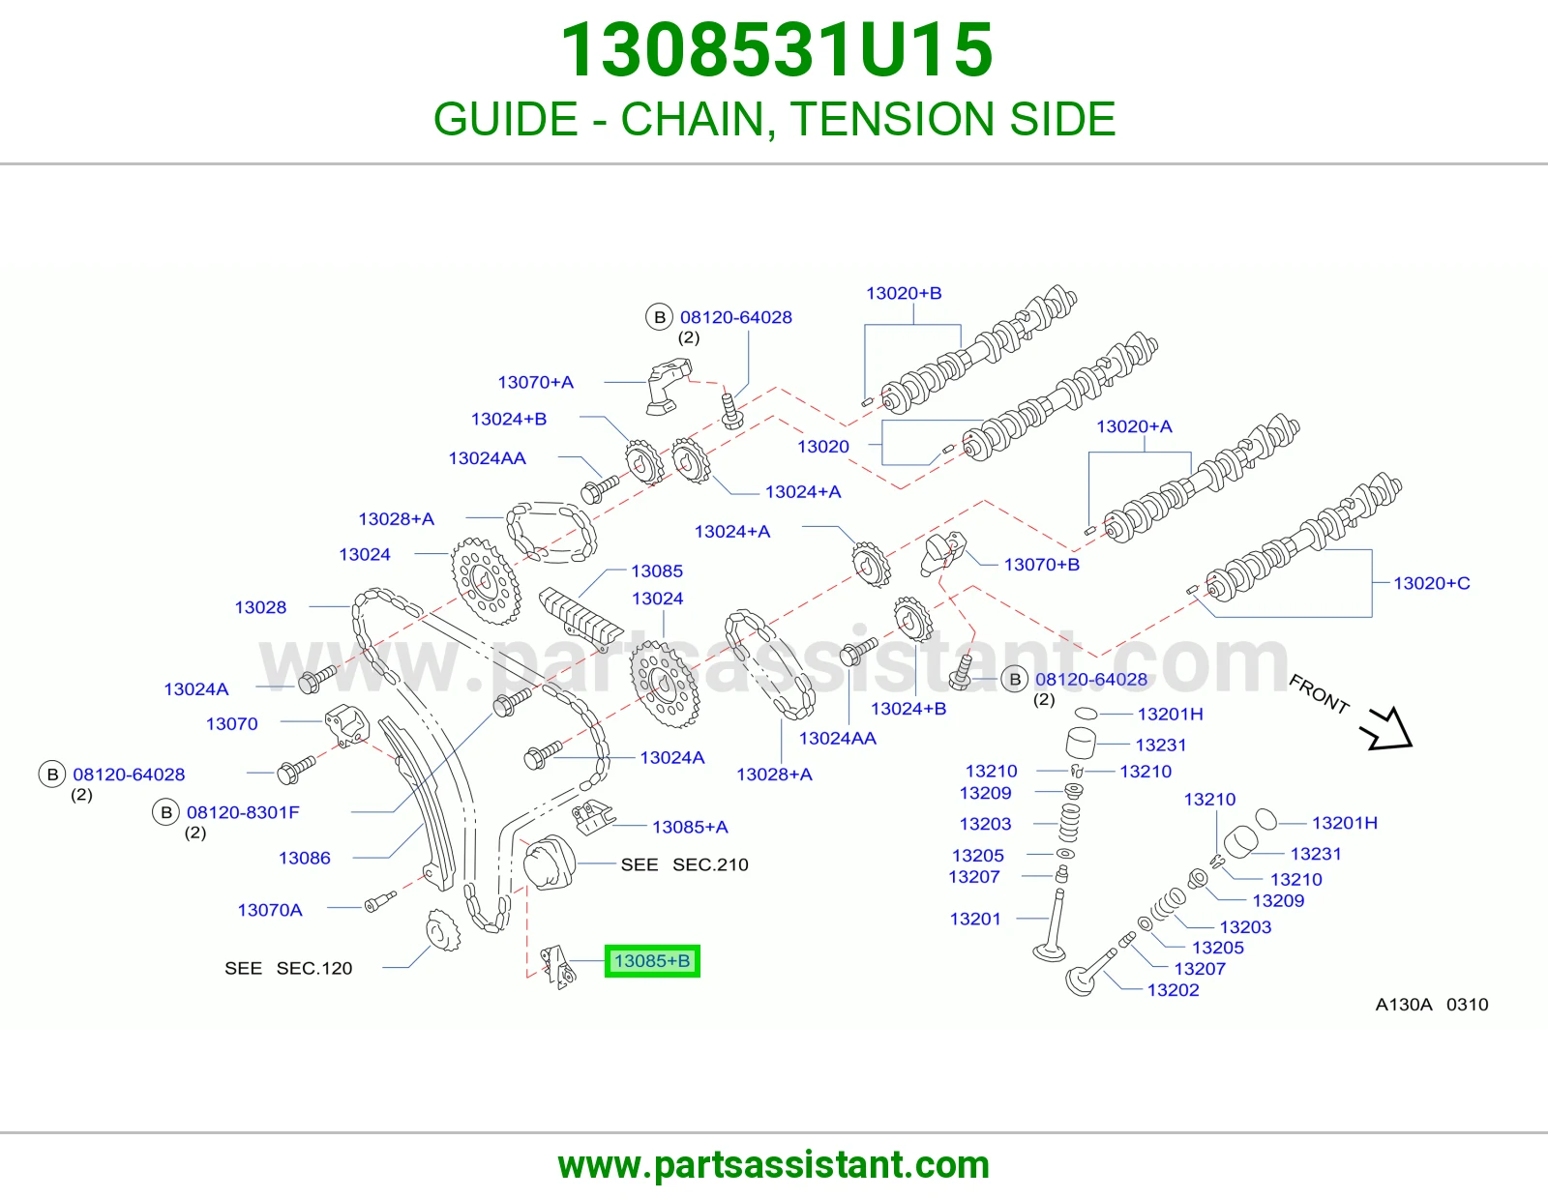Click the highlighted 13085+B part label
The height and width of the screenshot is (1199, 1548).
652,961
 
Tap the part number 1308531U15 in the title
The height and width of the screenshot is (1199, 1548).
776,49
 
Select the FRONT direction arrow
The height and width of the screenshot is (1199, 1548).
1387,728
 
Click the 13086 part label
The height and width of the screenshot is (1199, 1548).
304,858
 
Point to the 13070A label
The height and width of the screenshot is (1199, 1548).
269,910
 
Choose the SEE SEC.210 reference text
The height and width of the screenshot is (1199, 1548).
685,864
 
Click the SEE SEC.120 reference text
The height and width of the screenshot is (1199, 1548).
288,968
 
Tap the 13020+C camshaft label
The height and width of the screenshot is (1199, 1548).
1432,583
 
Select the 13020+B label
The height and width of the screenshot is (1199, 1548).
904,293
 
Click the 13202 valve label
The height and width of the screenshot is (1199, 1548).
1174,990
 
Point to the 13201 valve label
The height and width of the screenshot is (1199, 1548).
975,919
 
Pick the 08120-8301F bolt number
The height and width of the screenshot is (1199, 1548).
243,812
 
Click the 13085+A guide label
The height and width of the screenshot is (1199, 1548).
690,827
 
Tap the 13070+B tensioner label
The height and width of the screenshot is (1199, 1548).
1041,565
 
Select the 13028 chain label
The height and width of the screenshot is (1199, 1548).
260,607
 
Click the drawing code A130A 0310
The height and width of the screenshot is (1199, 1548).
1432,1005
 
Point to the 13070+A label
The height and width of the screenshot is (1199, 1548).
536,382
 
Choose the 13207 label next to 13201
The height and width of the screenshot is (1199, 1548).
974,876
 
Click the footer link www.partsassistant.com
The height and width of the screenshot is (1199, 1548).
774,1165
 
